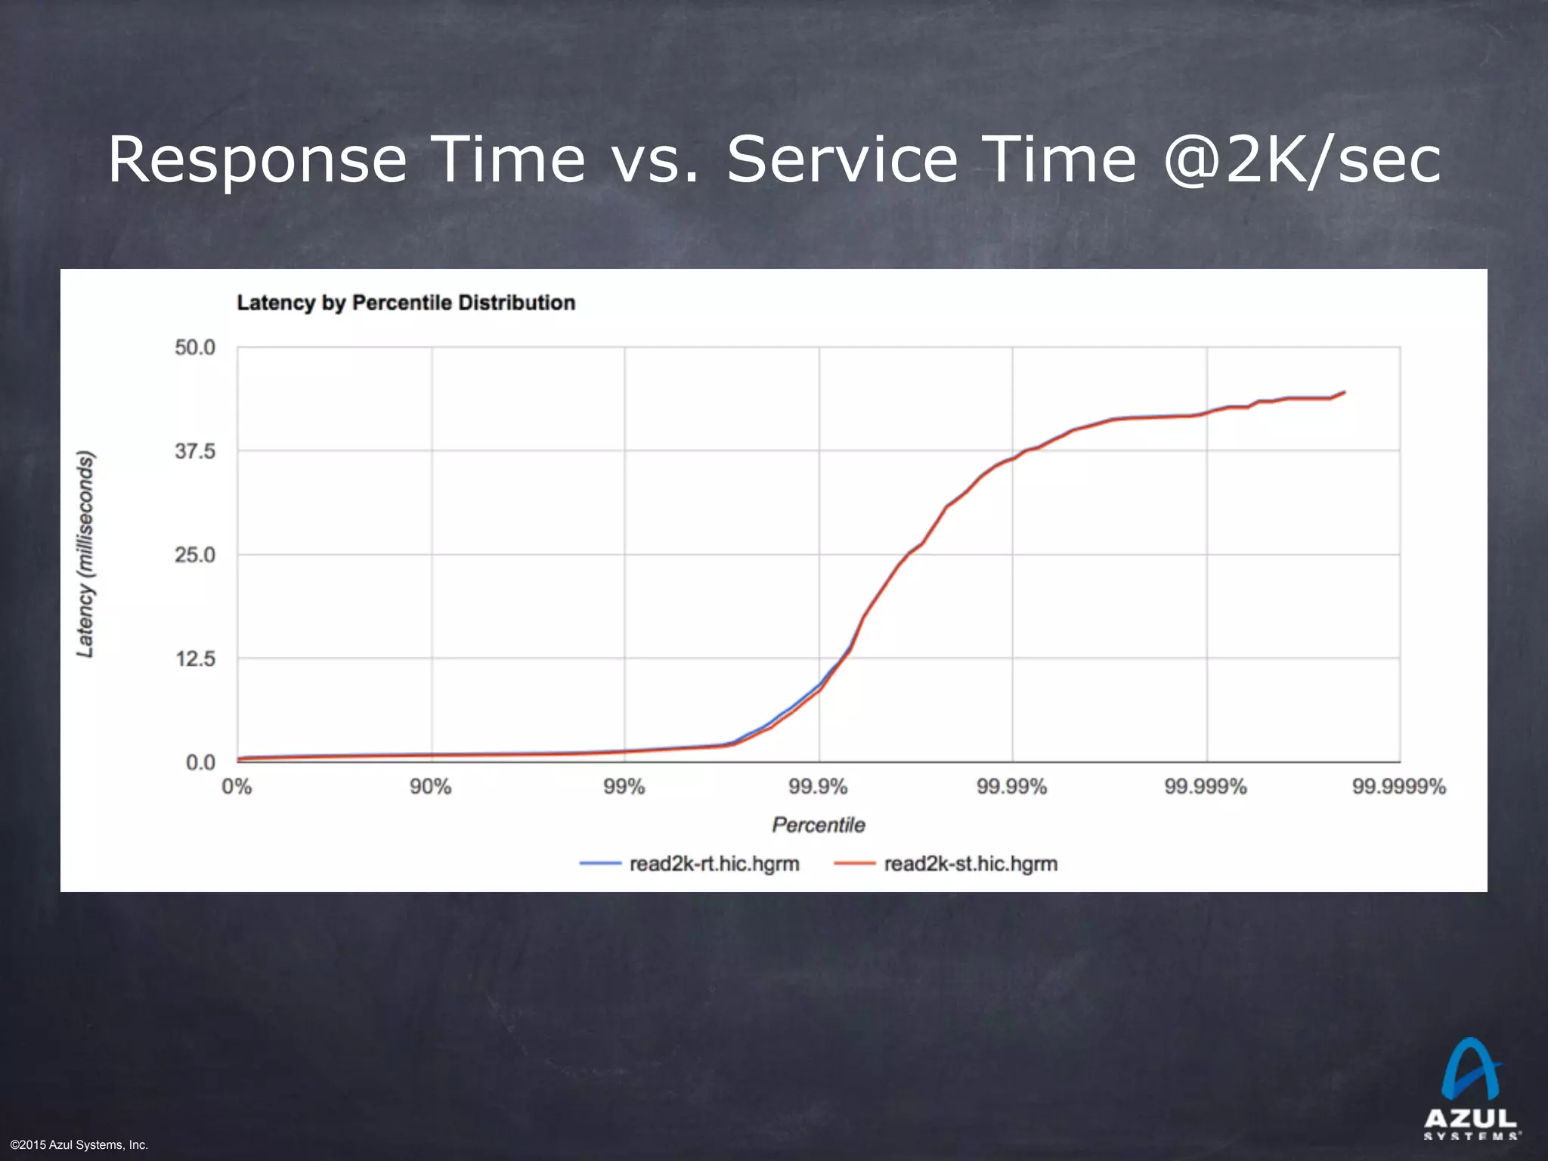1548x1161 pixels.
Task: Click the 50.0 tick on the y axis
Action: (195, 348)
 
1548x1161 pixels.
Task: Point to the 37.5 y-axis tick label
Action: (195, 452)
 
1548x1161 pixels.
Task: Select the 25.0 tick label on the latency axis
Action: (195, 556)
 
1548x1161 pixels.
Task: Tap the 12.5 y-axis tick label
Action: (195, 659)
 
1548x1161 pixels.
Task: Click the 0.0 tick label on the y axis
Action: (200, 763)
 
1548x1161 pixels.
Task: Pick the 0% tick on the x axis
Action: (237, 787)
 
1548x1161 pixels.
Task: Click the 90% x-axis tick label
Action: (431, 787)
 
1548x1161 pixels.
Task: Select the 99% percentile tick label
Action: (624, 787)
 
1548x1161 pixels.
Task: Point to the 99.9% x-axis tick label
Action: (819, 787)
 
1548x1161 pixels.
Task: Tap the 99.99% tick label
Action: (1012, 787)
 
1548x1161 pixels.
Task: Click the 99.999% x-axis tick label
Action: (1206, 787)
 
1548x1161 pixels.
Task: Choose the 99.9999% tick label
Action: (1399, 787)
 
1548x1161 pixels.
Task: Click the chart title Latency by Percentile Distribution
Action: (406, 303)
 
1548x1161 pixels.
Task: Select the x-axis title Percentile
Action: (819, 825)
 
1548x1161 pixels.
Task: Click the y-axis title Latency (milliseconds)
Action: (86, 554)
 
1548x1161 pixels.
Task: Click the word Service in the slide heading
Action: (842, 159)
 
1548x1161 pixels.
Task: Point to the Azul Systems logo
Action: (1471, 1088)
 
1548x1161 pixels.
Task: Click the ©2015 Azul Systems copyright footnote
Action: (79, 1145)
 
